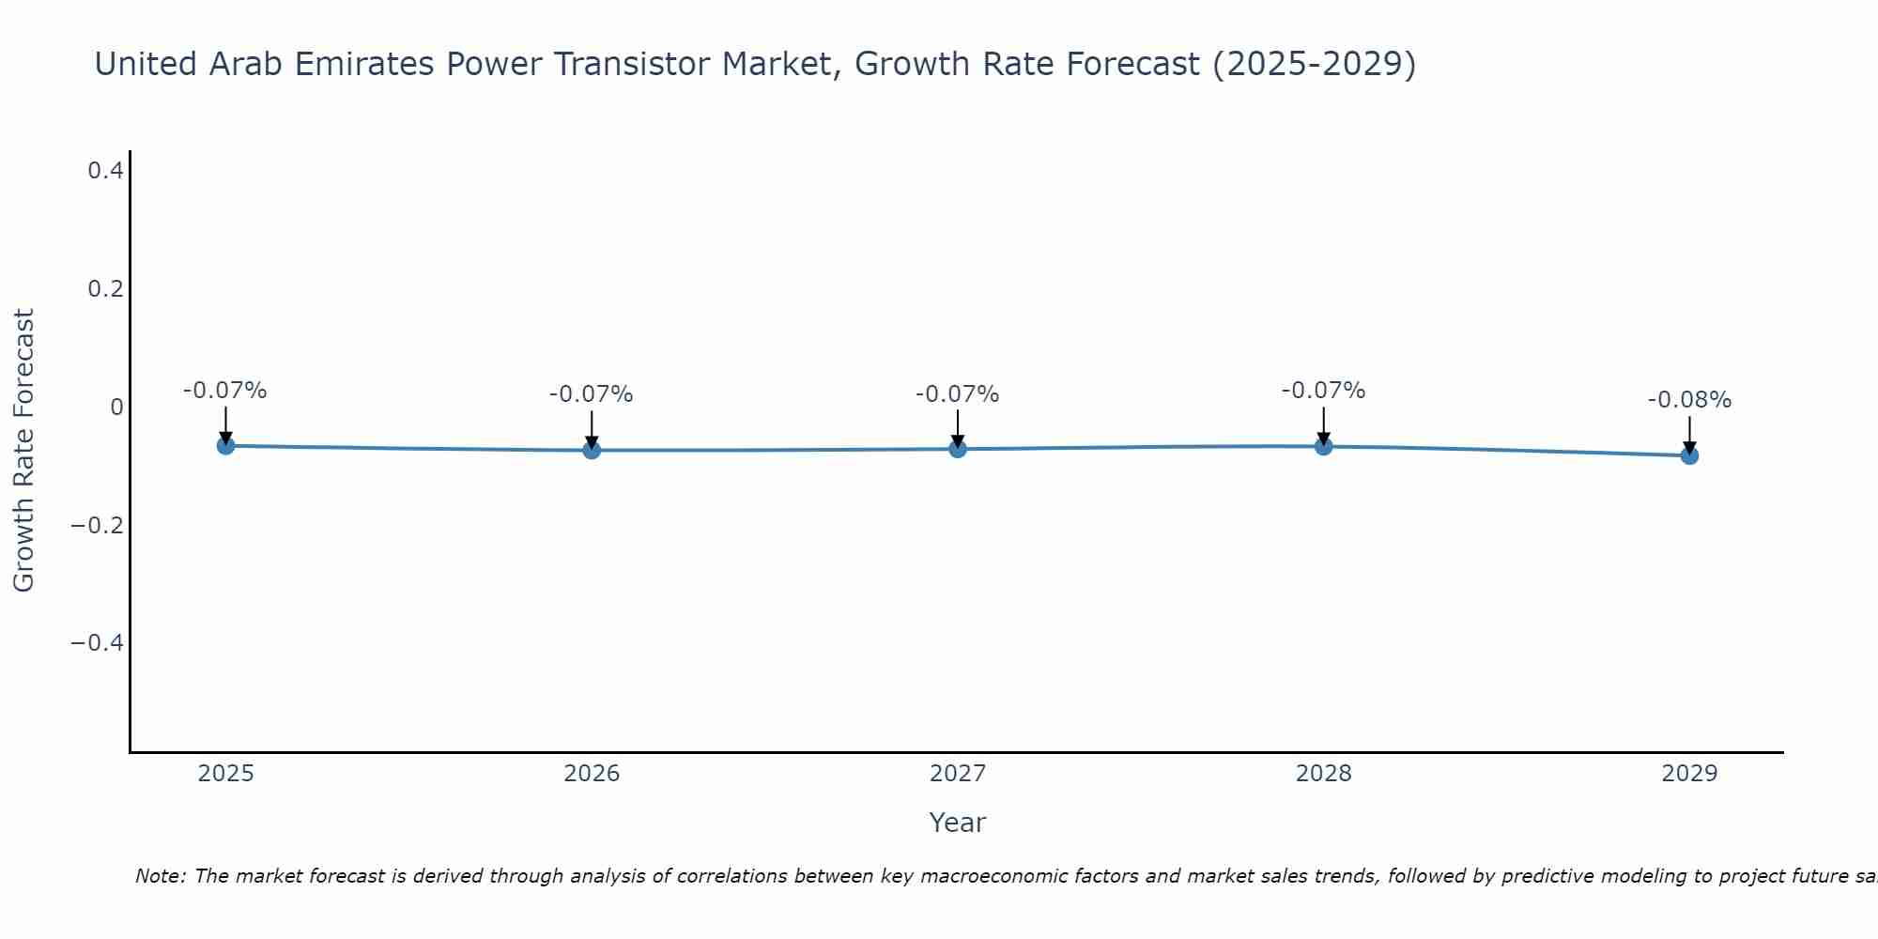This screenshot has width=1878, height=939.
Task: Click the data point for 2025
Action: (225, 445)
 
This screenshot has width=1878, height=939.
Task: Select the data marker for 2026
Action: (592, 450)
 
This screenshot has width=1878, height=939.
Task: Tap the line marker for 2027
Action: (958, 449)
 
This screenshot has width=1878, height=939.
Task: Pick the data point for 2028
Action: (1323, 446)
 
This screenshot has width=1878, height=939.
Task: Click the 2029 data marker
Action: (1689, 455)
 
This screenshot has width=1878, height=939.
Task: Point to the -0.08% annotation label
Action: (1689, 400)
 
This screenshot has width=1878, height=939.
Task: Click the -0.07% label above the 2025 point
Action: (225, 391)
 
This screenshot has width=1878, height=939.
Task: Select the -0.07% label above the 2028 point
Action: (1323, 391)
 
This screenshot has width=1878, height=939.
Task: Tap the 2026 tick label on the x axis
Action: (592, 774)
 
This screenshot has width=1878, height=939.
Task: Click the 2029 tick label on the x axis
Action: (1689, 774)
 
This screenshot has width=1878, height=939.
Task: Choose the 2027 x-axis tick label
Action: (958, 774)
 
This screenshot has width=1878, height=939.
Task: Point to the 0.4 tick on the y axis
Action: (105, 171)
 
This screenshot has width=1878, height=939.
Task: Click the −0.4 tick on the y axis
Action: (97, 642)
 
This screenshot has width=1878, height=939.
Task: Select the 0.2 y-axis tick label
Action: (105, 289)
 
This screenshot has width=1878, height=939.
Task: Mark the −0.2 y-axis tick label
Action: (97, 525)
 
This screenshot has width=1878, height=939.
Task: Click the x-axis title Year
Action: (957, 823)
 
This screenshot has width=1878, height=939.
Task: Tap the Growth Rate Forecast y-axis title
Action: (23, 451)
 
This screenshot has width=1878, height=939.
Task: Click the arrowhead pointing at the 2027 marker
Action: (958, 439)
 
